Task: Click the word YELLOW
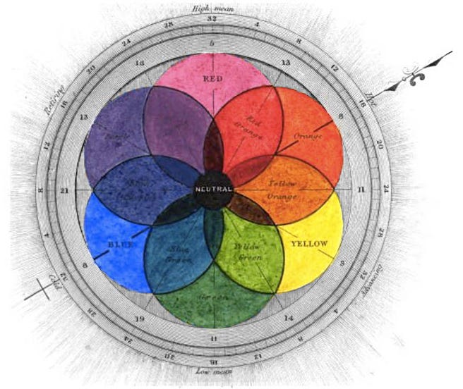(x=308, y=244)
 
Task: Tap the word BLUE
(x=119, y=245)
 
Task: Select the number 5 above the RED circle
(x=212, y=44)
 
